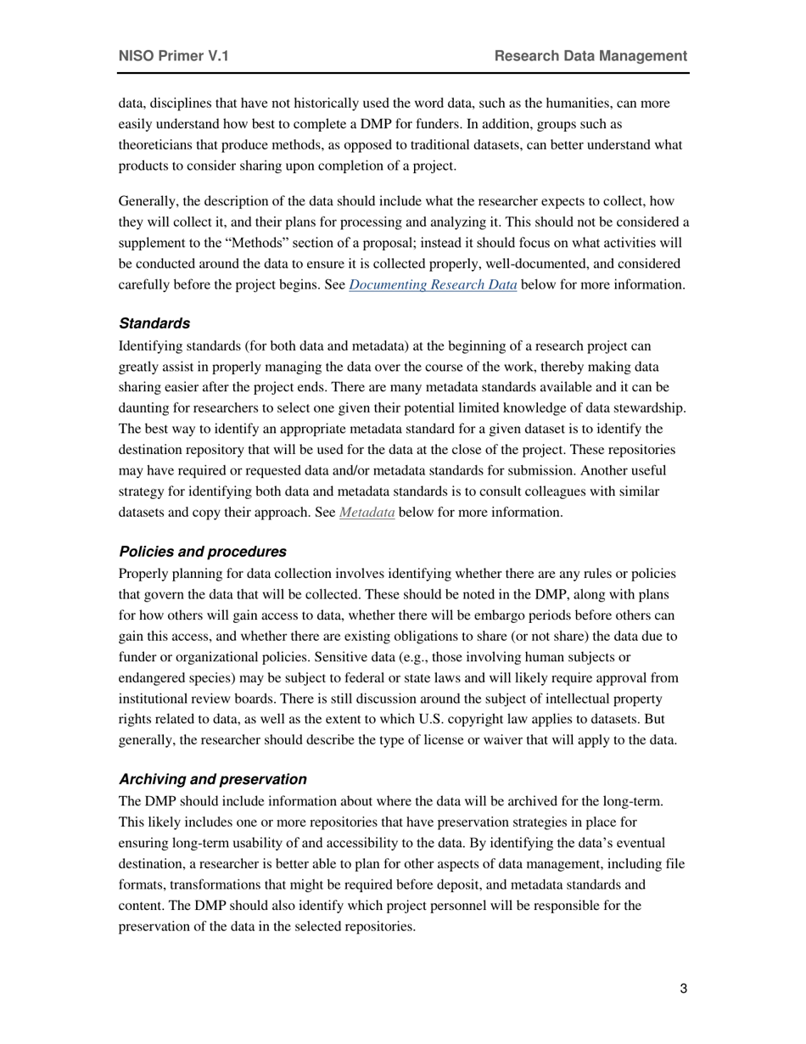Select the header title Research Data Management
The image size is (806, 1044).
[591, 56]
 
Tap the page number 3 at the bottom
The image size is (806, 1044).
[683, 988]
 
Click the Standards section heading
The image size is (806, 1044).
[154, 323]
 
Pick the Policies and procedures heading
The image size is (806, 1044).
[203, 551]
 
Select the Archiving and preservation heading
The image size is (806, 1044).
[213, 779]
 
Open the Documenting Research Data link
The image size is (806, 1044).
[433, 285]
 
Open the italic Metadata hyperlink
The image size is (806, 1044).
[367, 513]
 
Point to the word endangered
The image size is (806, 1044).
[153, 678]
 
